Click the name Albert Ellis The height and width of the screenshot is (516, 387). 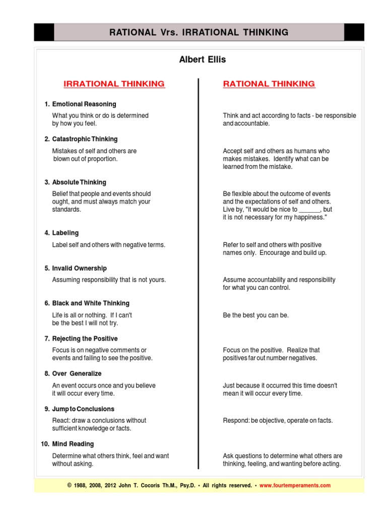pos(203,60)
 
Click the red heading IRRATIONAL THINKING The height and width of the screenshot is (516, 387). pos(114,84)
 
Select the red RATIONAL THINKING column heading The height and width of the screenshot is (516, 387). pos(269,84)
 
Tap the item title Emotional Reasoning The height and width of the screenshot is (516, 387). pos(84,104)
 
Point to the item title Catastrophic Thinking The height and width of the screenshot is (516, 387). pos(85,139)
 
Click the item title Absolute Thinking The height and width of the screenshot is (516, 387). pos(79,182)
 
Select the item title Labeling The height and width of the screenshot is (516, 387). pos(66,233)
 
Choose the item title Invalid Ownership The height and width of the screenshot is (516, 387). pos(79,269)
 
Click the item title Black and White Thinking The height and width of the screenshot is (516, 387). pos(91,303)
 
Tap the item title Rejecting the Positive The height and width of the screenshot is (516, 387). pos(85,339)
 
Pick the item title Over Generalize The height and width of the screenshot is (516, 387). pos(77,373)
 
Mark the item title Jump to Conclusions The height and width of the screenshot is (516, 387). pos(83,409)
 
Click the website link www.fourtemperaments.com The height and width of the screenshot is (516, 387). pos(295,485)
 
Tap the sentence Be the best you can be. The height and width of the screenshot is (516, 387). pos(255,315)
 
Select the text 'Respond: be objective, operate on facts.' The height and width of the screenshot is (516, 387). pos(278,420)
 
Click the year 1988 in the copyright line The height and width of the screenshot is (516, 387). pos(81,485)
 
